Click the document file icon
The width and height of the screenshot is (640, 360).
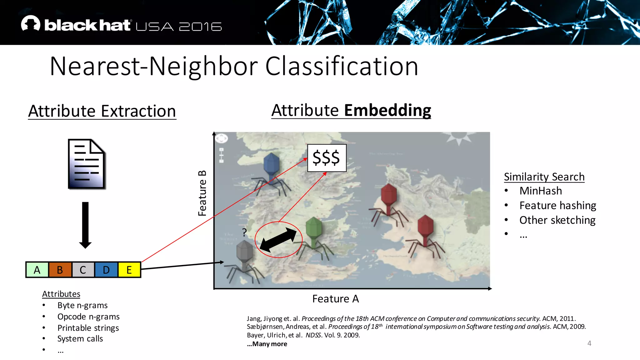pyautogui.click(x=87, y=164)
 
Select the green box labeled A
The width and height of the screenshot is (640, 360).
pyautogui.click(x=37, y=270)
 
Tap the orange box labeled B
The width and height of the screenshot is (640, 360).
pyautogui.click(x=60, y=270)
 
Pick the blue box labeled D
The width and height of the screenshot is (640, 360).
pyautogui.click(x=106, y=270)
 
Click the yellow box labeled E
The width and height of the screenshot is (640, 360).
pyautogui.click(x=129, y=270)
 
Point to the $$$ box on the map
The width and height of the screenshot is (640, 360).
pyautogui.click(x=327, y=158)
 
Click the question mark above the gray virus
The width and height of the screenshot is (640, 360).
pyautogui.click(x=244, y=232)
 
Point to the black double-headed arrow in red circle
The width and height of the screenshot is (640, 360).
pyautogui.click(x=278, y=240)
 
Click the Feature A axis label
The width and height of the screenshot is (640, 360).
pyautogui.click(x=335, y=299)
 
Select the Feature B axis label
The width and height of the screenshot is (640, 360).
pyautogui.click(x=202, y=193)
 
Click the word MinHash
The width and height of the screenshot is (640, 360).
pyautogui.click(x=541, y=191)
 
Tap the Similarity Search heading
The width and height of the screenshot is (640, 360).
pyautogui.click(x=544, y=177)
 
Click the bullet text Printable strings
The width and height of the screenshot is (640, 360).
pyautogui.click(x=88, y=328)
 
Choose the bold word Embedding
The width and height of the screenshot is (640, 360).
pyautogui.click(x=387, y=110)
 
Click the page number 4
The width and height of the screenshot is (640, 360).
pyautogui.click(x=589, y=343)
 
